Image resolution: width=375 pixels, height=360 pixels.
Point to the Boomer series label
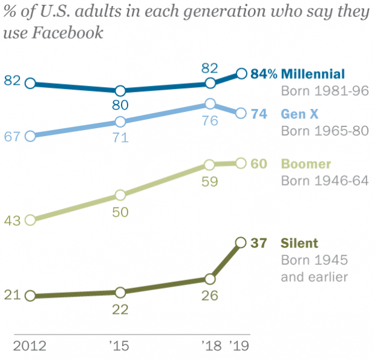[x=305, y=164]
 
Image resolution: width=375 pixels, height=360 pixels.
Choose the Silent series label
[x=299, y=243]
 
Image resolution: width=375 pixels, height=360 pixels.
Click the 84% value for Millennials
[x=264, y=74]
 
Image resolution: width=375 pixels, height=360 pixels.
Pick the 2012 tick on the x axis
[x=30, y=347]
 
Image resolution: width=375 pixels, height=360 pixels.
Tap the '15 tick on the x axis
[x=121, y=347]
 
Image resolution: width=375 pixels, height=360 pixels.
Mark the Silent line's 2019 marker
[x=241, y=243]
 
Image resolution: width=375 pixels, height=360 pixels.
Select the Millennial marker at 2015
[x=120, y=91]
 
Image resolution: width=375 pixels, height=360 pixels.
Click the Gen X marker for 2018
[x=210, y=103]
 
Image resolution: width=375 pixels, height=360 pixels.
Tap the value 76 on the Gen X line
[x=210, y=120]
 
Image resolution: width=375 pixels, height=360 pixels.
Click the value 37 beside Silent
[x=259, y=243]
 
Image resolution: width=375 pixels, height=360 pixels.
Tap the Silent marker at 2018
[x=210, y=279]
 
